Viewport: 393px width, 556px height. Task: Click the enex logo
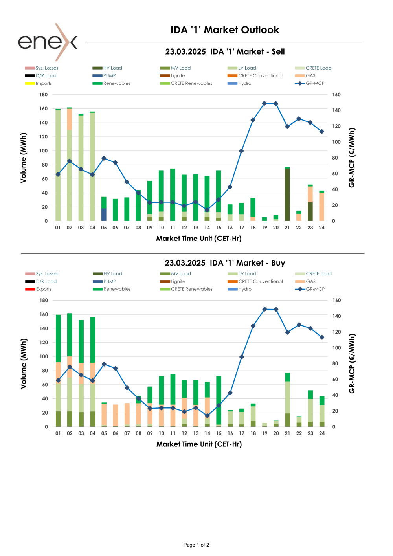47,42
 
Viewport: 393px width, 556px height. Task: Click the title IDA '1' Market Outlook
225,30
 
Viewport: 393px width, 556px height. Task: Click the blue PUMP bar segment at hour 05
104,215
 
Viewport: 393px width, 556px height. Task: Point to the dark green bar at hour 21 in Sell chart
287,195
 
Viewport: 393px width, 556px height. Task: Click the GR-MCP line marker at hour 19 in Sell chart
264,103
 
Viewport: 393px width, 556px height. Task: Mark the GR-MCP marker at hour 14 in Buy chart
207,416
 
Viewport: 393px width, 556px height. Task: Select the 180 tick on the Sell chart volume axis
43,95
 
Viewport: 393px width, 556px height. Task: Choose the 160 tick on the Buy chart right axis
336,301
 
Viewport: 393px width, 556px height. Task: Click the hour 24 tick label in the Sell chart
321,228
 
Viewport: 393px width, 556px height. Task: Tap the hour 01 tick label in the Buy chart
58,433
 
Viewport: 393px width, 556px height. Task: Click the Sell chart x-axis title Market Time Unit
198,239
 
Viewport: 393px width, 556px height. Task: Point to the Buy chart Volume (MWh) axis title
24,363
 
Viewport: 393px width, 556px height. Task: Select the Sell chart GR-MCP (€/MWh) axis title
352,158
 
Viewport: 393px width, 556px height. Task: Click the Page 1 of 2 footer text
196,545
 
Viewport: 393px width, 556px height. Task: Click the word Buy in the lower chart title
278,263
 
